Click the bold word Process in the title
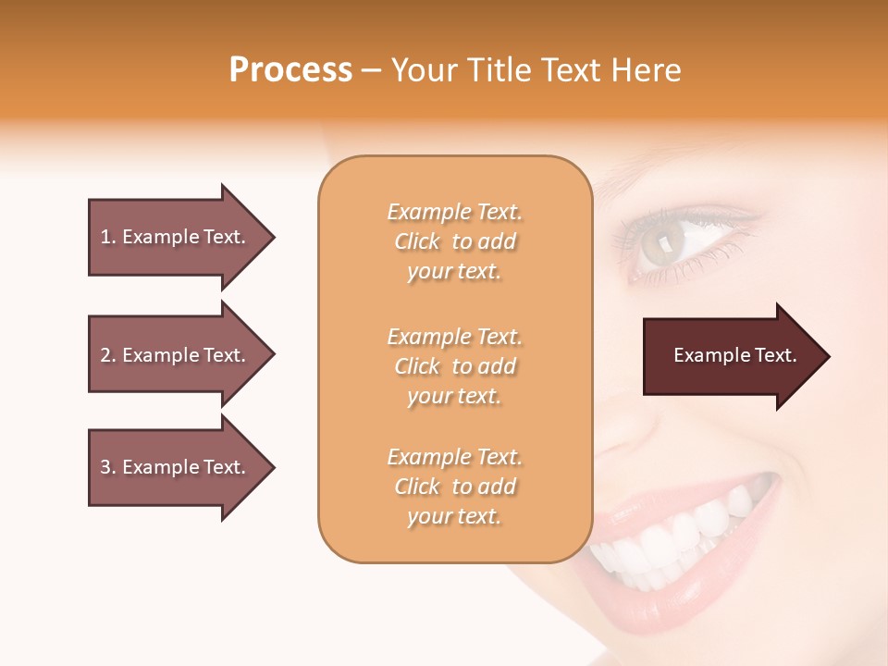(x=290, y=70)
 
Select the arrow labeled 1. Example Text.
(x=173, y=237)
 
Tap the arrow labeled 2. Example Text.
(x=173, y=355)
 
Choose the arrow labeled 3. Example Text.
(x=173, y=467)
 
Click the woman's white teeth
(x=675, y=541)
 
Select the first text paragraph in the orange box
(x=454, y=241)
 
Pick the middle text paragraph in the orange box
(x=454, y=366)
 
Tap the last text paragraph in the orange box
(x=454, y=487)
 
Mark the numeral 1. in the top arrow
(x=108, y=237)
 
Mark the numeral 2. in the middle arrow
(x=108, y=355)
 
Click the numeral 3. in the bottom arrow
(x=108, y=467)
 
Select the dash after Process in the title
(x=372, y=71)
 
